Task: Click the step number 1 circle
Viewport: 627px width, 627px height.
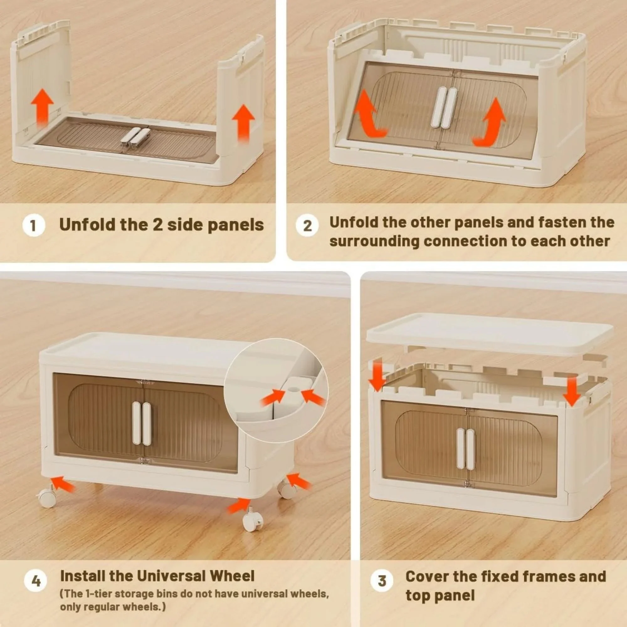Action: [34, 225]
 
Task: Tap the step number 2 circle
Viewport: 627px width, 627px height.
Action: [307, 225]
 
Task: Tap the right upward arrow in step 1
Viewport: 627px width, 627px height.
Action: [243, 124]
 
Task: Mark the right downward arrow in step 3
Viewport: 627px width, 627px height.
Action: [572, 390]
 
